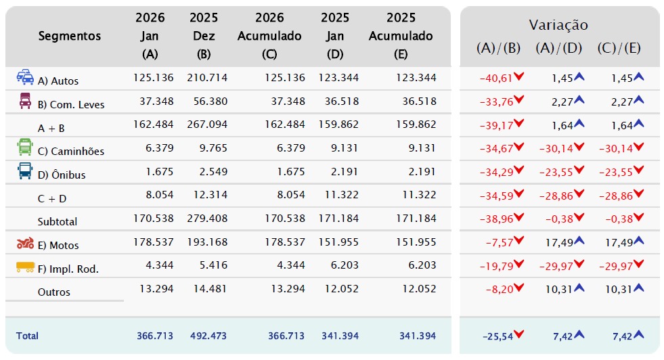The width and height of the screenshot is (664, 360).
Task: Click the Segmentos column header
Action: pos(70,36)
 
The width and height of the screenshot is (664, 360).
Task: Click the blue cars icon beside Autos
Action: pos(25,76)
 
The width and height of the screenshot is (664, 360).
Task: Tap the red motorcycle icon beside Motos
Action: pos(25,243)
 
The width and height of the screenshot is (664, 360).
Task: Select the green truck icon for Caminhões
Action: pos(25,147)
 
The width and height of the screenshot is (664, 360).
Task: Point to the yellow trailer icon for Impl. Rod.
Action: pos(25,267)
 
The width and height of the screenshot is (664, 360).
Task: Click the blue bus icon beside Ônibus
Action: pos(25,171)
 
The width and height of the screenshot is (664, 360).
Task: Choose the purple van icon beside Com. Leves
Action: pos(25,101)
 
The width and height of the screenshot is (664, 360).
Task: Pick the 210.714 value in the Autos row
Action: pos(207,78)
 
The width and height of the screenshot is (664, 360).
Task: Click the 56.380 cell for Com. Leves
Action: pos(211,102)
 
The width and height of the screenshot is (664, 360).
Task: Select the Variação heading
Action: pos(558,25)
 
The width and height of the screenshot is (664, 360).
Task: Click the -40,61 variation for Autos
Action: pos(496,78)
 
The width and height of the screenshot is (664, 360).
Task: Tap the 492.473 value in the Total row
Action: pos(208,336)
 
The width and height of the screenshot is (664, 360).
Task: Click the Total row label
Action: pos(27,336)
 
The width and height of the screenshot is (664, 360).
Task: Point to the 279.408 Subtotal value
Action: pos(207,218)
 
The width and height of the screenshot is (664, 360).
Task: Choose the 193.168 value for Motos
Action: pos(207,242)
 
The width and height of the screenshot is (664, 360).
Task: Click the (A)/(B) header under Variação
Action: pos(498,48)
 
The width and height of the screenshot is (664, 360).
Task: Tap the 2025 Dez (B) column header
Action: pos(204,36)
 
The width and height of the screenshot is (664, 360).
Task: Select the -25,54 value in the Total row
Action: pos(497,336)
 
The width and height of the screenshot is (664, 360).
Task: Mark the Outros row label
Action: pos(53,292)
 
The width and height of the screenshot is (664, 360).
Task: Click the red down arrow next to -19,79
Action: pos(518,265)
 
